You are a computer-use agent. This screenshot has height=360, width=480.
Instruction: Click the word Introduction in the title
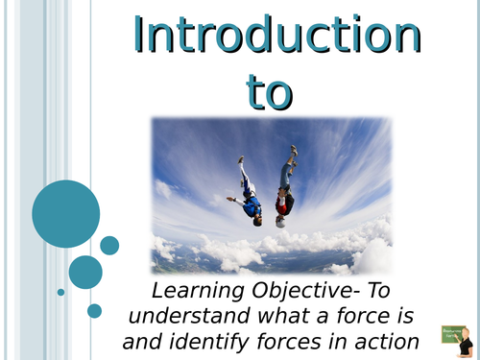click(277, 36)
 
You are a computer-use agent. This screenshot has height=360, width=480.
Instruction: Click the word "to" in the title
click(277, 91)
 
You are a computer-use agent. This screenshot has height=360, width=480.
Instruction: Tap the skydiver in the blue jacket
click(249, 197)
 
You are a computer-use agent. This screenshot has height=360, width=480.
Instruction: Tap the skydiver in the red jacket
click(285, 192)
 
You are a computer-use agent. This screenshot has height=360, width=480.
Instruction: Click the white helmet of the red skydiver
click(280, 221)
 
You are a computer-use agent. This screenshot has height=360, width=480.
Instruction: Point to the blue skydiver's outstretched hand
click(230, 200)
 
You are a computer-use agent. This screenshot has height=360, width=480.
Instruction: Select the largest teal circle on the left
click(65, 213)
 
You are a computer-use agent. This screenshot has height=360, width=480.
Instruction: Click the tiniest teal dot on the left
click(60, 292)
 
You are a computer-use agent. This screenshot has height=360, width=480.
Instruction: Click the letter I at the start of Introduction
click(140, 36)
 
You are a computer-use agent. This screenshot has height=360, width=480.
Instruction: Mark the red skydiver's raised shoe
click(294, 151)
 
